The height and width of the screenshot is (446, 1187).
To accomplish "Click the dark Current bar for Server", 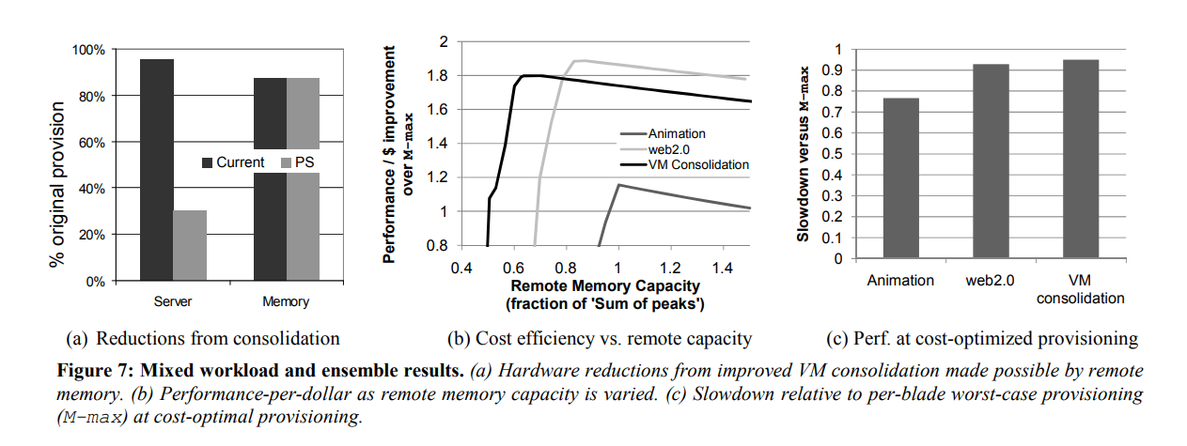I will point(157,169).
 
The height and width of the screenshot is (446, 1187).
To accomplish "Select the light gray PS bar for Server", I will point(190,245).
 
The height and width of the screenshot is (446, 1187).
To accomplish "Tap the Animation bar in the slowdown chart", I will point(901,177).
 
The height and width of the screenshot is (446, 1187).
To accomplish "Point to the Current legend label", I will point(241,163).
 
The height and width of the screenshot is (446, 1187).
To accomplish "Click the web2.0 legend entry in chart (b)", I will point(672,149).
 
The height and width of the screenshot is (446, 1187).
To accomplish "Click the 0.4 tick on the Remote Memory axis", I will point(461,269).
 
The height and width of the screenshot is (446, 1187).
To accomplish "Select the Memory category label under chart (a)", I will point(286,302).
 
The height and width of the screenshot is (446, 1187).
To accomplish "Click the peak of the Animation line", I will point(618,185).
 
